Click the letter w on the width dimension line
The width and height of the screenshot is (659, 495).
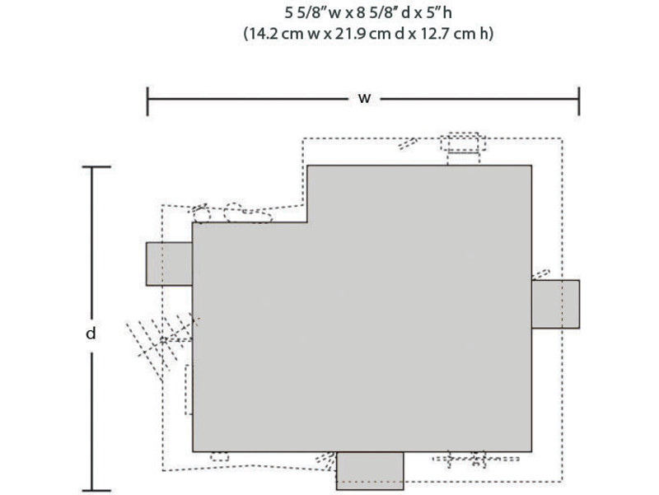point(364,99)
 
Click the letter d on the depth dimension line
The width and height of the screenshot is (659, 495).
point(91,334)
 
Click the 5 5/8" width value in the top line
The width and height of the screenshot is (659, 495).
point(306,12)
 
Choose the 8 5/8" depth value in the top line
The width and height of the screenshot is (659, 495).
point(378,12)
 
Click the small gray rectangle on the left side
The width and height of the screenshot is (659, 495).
point(169,264)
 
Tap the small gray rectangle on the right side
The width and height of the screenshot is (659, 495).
point(555,304)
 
